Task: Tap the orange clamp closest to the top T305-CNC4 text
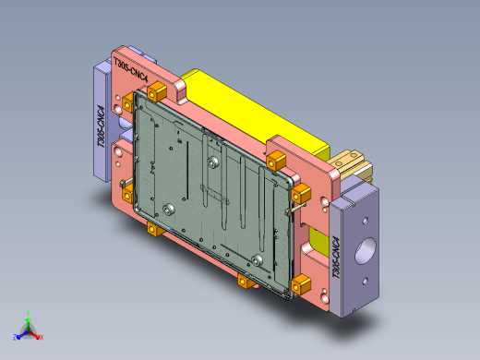click(156, 91)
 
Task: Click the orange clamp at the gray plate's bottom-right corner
click(301, 284)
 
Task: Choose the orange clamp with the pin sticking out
click(302, 195)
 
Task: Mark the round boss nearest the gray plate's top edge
click(214, 161)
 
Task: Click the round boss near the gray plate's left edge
click(170, 210)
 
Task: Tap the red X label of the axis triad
click(41, 337)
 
